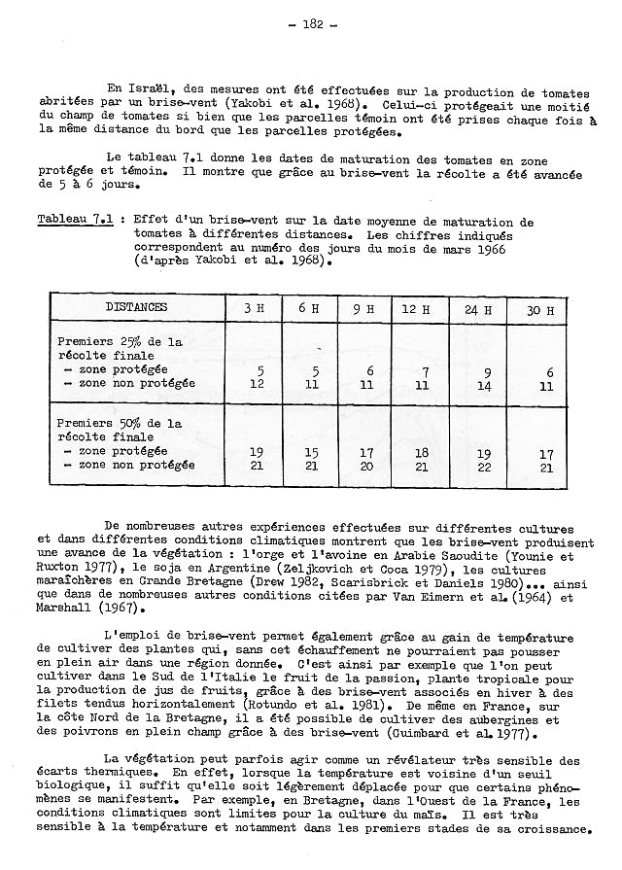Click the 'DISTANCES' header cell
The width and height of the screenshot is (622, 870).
pyautogui.click(x=137, y=308)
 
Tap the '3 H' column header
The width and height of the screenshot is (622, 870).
pyautogui.click(x=254, y=309)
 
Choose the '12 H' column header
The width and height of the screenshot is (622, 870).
pyautogui.click(x=419, y=309)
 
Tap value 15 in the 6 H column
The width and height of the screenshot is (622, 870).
pyautogui.click(x=312, y=453)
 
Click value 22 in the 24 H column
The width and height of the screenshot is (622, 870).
pyautogui.click(x=483, y=467)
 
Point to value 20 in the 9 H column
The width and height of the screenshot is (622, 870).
pyautogui.click(x=365, y=467)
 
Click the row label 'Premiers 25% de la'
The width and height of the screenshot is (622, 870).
pyautogui.click(x=121, y=343)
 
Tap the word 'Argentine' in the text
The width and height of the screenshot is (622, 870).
pyautogui.click(x=226, y=572)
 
